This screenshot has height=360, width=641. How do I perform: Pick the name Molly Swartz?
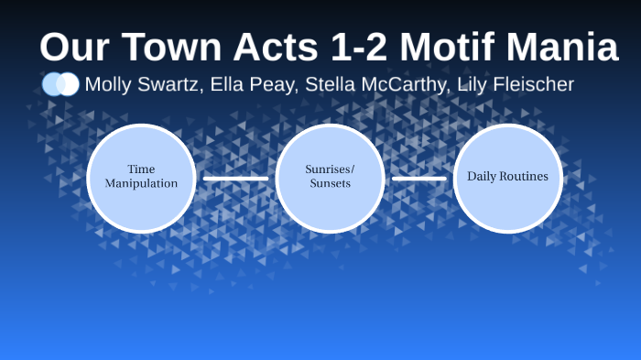coord(142,85)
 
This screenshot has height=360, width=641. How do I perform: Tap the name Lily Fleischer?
coord(516,85)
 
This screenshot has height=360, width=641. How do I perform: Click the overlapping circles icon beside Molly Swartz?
coord(60,84)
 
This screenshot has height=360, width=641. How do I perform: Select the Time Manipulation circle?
coord(141,177)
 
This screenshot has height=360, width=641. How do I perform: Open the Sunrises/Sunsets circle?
coord(330,177)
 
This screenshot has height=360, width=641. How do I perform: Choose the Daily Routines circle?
coord(507,177)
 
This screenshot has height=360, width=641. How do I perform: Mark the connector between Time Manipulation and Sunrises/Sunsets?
coord(235,178)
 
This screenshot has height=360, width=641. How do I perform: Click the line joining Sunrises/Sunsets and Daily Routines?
coord(418,178)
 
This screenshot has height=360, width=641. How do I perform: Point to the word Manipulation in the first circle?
coord(141,183)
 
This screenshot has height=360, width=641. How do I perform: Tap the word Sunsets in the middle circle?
coord(330,183)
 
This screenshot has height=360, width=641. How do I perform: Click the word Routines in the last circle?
coord(525,176)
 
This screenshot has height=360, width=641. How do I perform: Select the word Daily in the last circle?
coord(483,176)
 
